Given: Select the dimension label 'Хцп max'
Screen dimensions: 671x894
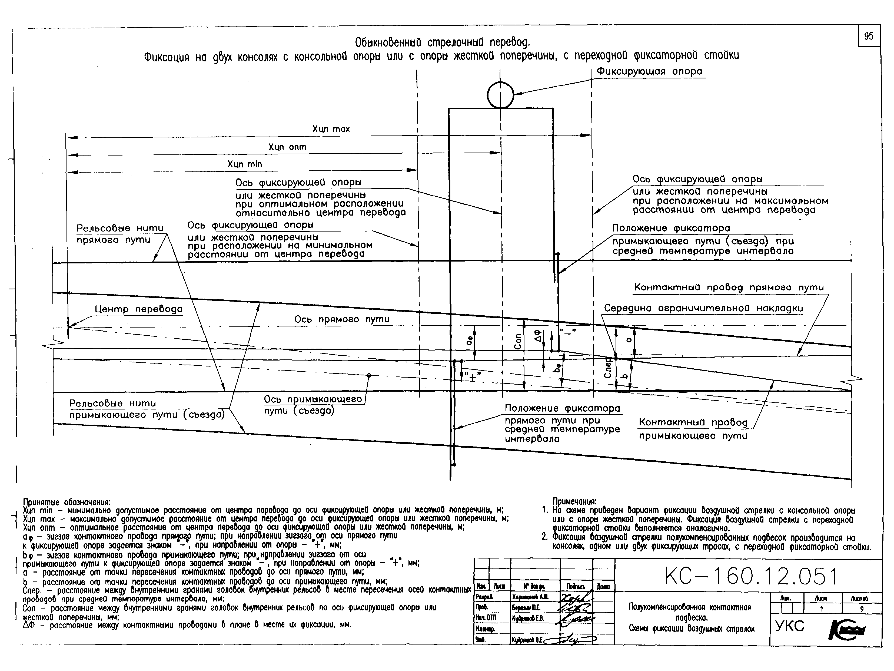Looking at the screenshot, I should (331, 129).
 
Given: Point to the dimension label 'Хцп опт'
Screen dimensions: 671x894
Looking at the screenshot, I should (287, 147).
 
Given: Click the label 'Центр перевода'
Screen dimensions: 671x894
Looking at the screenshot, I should (139, 309).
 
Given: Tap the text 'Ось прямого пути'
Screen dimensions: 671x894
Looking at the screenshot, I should (341, 319).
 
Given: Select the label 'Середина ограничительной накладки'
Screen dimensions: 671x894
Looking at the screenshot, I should (703, 308).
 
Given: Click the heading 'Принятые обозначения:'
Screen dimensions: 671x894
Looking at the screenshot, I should (67, 503).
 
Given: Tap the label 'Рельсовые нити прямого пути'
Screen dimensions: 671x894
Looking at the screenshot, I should (120, 234).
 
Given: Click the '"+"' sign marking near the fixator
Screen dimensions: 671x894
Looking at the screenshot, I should (473, 377).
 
